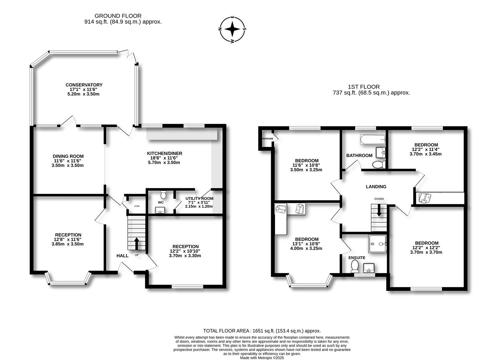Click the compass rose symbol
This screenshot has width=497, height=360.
[232, 29]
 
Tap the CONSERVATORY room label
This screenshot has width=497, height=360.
[84, 85]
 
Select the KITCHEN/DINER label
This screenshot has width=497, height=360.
[165, 153]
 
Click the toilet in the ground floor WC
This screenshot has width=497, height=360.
[163, 194]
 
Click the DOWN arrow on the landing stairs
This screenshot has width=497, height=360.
[379, 211]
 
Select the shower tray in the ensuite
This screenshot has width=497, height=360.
[378, 244]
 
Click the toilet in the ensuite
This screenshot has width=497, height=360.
[355, 266]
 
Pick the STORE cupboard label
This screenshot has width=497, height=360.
[137, 206]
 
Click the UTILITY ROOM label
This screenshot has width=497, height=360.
[199, 199]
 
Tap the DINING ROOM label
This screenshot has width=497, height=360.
[68, 156]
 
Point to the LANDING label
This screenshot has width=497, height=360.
[376, 187]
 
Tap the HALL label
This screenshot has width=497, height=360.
[122, 256]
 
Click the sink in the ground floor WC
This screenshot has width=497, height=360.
[160, 210]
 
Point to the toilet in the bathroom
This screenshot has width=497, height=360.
[379, 165]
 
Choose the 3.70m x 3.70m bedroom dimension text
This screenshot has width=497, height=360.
[426, 252]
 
